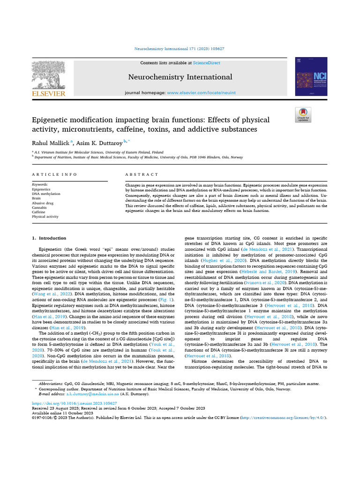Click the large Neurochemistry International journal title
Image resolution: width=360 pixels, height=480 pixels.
[180, 77]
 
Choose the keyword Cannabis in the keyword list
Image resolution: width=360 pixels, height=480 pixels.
[39, 207]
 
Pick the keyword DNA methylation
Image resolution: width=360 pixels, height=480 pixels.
[46, 194]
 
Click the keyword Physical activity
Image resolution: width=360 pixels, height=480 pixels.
[45, 217]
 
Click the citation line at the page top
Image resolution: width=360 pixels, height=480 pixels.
[180, 48]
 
